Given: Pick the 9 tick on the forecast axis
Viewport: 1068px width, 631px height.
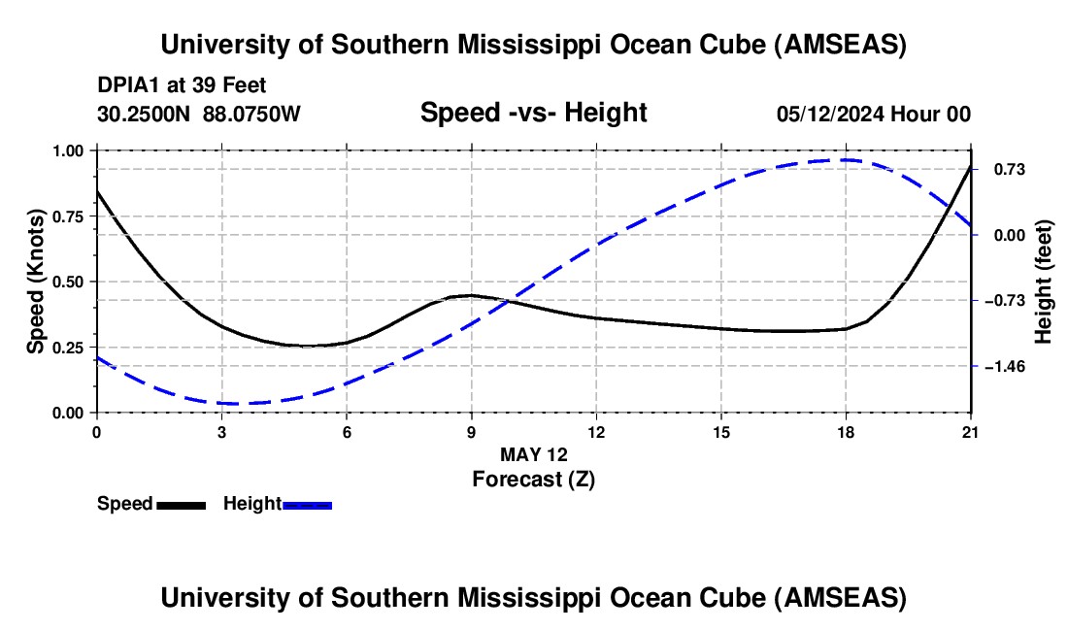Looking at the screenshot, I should pos(472,432).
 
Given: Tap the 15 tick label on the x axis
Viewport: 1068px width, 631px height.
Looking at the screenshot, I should pos(721,432).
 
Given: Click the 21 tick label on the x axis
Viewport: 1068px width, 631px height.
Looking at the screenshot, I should pos(971,432).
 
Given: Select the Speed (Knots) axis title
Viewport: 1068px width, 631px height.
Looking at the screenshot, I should pos(36,281).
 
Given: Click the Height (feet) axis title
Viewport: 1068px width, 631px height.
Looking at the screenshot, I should pos(1044,282).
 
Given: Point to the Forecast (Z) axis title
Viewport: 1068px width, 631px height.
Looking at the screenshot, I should pos(533,479).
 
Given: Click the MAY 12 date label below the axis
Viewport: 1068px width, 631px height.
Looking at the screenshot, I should pos(533,454).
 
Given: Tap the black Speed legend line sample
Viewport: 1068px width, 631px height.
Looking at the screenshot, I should pos(181,505).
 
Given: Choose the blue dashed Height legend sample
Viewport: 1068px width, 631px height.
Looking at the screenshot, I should pos(308,505).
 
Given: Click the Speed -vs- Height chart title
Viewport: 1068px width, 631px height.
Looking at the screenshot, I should pos(533,113).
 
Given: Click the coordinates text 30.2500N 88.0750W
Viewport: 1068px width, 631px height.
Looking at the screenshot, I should pos(199,115).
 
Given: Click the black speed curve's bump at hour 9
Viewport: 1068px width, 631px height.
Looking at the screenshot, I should pos(471,294).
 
